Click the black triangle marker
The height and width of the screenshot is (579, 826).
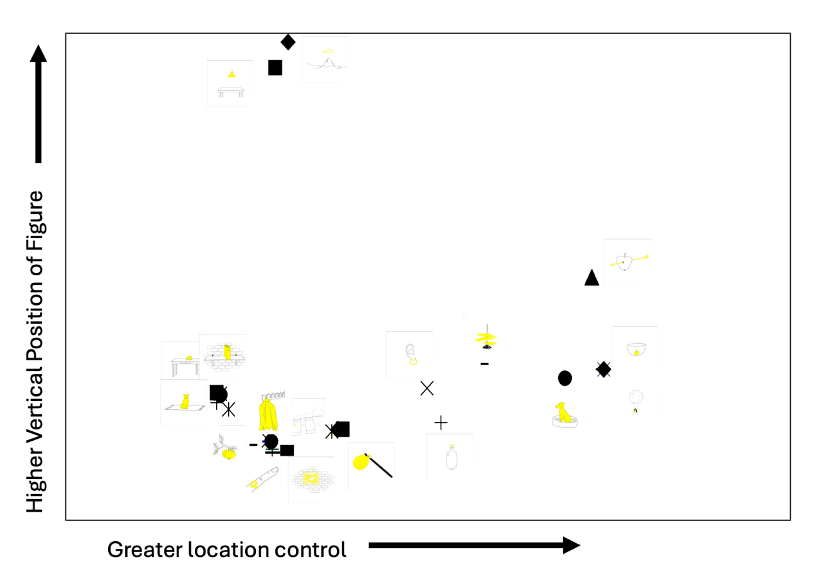click(592, 278)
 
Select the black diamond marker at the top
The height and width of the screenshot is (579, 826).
click(288, 42)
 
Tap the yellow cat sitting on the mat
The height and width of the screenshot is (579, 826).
click(185, 402)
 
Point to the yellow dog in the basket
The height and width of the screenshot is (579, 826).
click(563, 412)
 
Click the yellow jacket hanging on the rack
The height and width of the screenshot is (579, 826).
click(268, 416)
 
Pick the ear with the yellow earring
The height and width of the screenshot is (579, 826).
click(410, 355)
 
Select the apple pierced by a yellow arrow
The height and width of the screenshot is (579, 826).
click(624, 262)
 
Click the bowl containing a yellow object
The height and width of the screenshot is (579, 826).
click(636, 350)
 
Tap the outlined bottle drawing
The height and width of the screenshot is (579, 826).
click(452, 457)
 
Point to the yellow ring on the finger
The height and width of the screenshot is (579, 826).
click(254, 484)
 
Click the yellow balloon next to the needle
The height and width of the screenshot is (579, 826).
click(361, 462)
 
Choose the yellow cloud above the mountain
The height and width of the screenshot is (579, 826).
click(328, 51)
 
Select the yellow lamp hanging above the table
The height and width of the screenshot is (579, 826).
click(231, 74)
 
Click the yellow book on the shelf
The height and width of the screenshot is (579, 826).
click(227, 352)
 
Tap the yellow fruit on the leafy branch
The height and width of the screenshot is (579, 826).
click(229, 454)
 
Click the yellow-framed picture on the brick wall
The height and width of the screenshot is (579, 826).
click(310, 478)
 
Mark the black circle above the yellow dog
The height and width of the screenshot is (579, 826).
click(565, 378)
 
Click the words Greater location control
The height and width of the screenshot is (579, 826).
click(227, 550)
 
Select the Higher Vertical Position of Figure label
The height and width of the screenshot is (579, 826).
click(35, 351)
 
